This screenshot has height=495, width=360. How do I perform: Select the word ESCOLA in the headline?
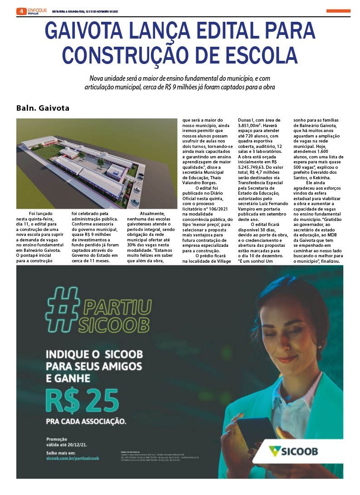tap(261, 55)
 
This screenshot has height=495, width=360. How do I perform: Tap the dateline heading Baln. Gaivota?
tap(43, 108)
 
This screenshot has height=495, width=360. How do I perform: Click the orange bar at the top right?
tap(338, 11)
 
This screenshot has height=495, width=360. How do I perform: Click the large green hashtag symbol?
tap(63, 308)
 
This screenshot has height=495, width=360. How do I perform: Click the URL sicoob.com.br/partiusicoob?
tap(73, 459)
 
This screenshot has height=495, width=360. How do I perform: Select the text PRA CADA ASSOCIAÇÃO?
tap(86, 421)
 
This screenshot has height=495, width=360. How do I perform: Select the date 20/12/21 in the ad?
tap(80, 445)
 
